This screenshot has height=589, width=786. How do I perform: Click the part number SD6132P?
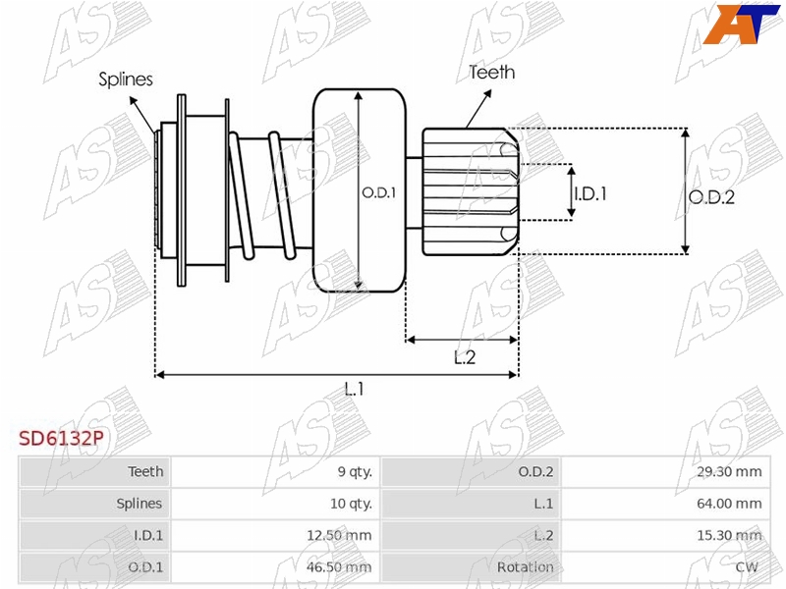(61, 438)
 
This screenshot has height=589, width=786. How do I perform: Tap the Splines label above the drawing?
(126, 80)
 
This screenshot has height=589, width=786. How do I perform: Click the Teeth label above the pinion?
(492, 73)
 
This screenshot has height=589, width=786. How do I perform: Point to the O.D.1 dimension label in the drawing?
(379, 192)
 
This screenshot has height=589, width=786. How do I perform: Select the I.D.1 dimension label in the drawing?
(590, 193)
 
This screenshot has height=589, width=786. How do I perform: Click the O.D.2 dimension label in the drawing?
(711, 197)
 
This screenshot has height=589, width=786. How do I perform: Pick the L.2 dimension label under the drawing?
(464, 357)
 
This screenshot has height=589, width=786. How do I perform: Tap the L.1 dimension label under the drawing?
(354, 389)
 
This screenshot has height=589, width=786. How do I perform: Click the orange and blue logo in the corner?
(741, 24)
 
